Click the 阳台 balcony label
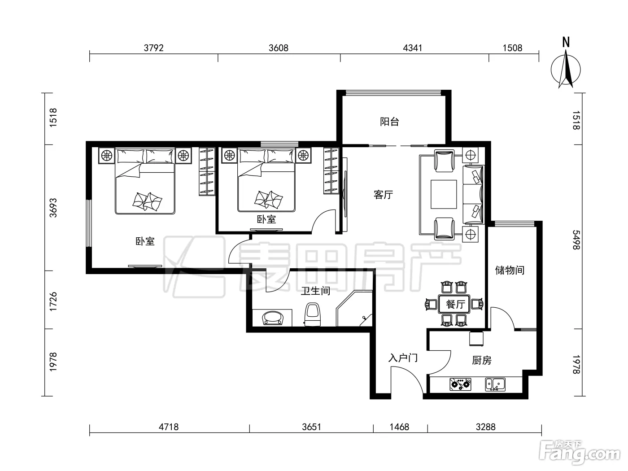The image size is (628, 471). (389, 122)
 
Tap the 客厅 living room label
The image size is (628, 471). (384, 195)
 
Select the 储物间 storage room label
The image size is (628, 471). (510, 270)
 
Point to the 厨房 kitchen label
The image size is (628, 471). (482, 360)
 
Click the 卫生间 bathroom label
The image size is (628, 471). (316, 291)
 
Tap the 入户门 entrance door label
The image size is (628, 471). (403, 358)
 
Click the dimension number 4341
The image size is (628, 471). (412, 48)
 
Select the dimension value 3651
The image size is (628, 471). (312, 427)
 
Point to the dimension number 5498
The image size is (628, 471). (576, 240)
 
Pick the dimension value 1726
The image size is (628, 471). (53, 302)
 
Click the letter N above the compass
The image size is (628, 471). (566, 42)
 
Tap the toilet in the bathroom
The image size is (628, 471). (312, 314)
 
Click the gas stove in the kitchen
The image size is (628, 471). (460, 384)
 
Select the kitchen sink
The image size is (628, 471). (495, 384)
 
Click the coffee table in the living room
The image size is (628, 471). (444, 194)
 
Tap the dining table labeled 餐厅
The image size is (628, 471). (454, 304)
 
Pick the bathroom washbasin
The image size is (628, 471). (273, 318)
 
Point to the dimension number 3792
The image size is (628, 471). (154, 48)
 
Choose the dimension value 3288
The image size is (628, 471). (485, 427)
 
